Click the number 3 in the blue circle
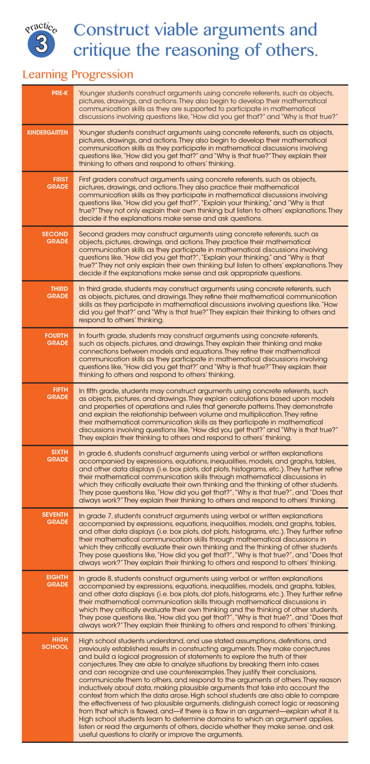41,44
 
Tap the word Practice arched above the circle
41,27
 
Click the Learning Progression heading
78,74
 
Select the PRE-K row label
60,93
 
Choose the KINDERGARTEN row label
47,132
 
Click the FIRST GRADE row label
58,183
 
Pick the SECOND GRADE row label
55,237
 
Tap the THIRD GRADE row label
58,292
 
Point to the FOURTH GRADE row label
56,339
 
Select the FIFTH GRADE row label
58,393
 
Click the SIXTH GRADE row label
58,456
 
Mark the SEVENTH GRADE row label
55,518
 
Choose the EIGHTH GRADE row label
57,580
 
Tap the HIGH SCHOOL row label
55,643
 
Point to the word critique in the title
102,50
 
